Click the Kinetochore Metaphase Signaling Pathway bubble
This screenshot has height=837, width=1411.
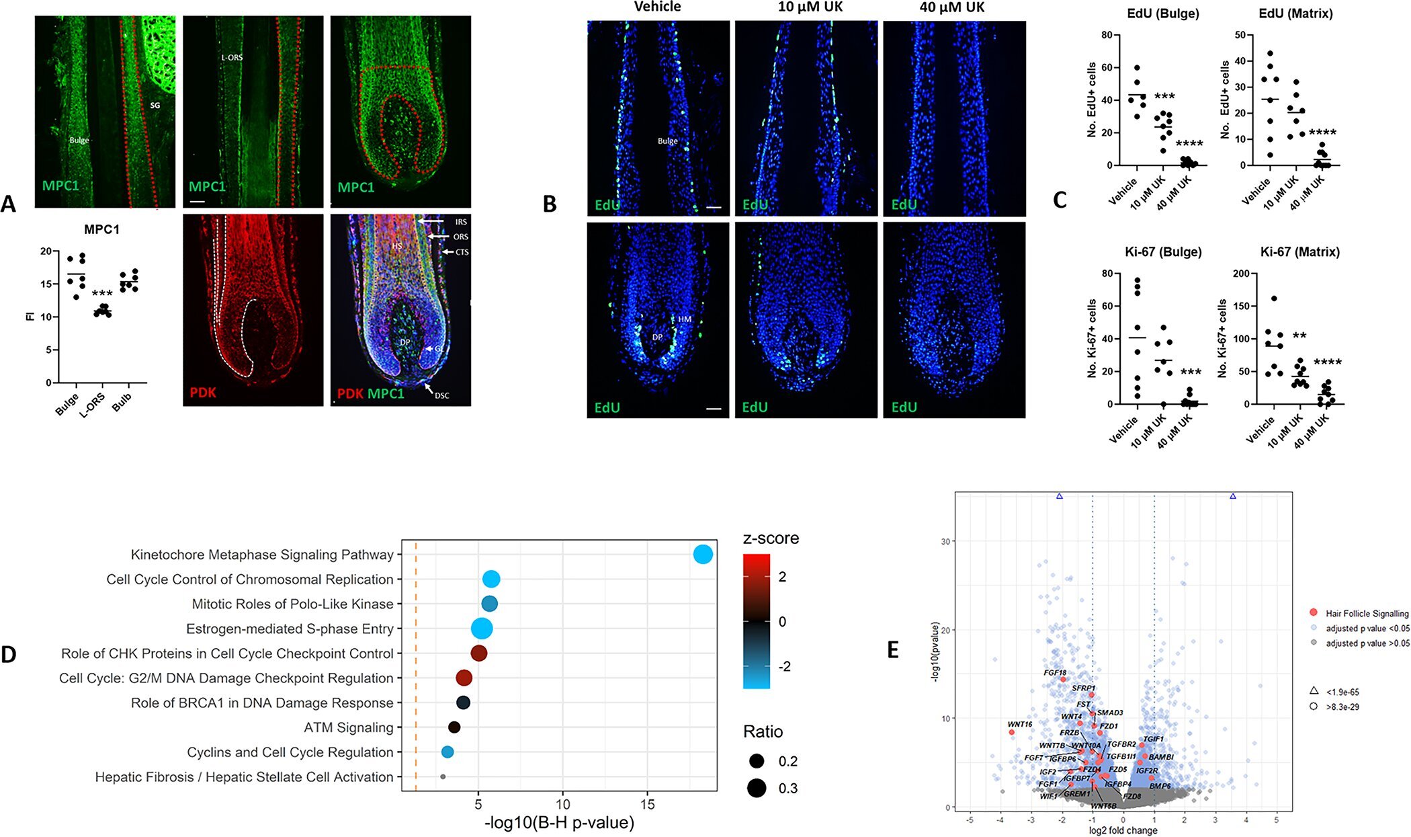pyautogui.click(x=703, y=555)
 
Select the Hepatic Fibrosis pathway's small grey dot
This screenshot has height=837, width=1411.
pyautogui.click(x=443, y=776)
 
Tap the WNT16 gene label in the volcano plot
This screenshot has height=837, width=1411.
pyautogui.click(x=1019, y=724)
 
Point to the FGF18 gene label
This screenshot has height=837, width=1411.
pyautogui.click(x=1055, y=672)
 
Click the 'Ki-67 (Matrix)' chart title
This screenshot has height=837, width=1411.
pyautogui.click(x=1299, y=252)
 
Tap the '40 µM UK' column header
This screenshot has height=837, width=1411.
pyautogui.click(x=952, y=7)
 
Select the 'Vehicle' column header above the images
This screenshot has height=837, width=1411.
pyautogui.click(x=657, y=7)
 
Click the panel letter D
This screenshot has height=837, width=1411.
pyautogui.click(x=9, y=654)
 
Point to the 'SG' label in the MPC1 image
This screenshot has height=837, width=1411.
pyautogui.click(x=155, y=106)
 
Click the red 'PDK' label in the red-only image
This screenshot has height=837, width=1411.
pyautogui.click(x=203, y=392)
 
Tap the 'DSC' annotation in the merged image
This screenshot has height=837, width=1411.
pyautogui.click(x=441, y=395)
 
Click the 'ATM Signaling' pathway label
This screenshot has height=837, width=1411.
pyautogui.click(x=348, y=727)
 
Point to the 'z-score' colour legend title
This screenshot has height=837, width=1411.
pyautogui.click(x=771, y=539)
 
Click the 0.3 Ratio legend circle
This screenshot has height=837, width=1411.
pyautogui.click(x=757, y=788)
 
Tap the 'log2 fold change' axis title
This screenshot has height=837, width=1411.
pyautogui.click(x=1123, y=830)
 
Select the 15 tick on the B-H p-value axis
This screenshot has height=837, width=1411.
pyautogui.click(x=647, y=804)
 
